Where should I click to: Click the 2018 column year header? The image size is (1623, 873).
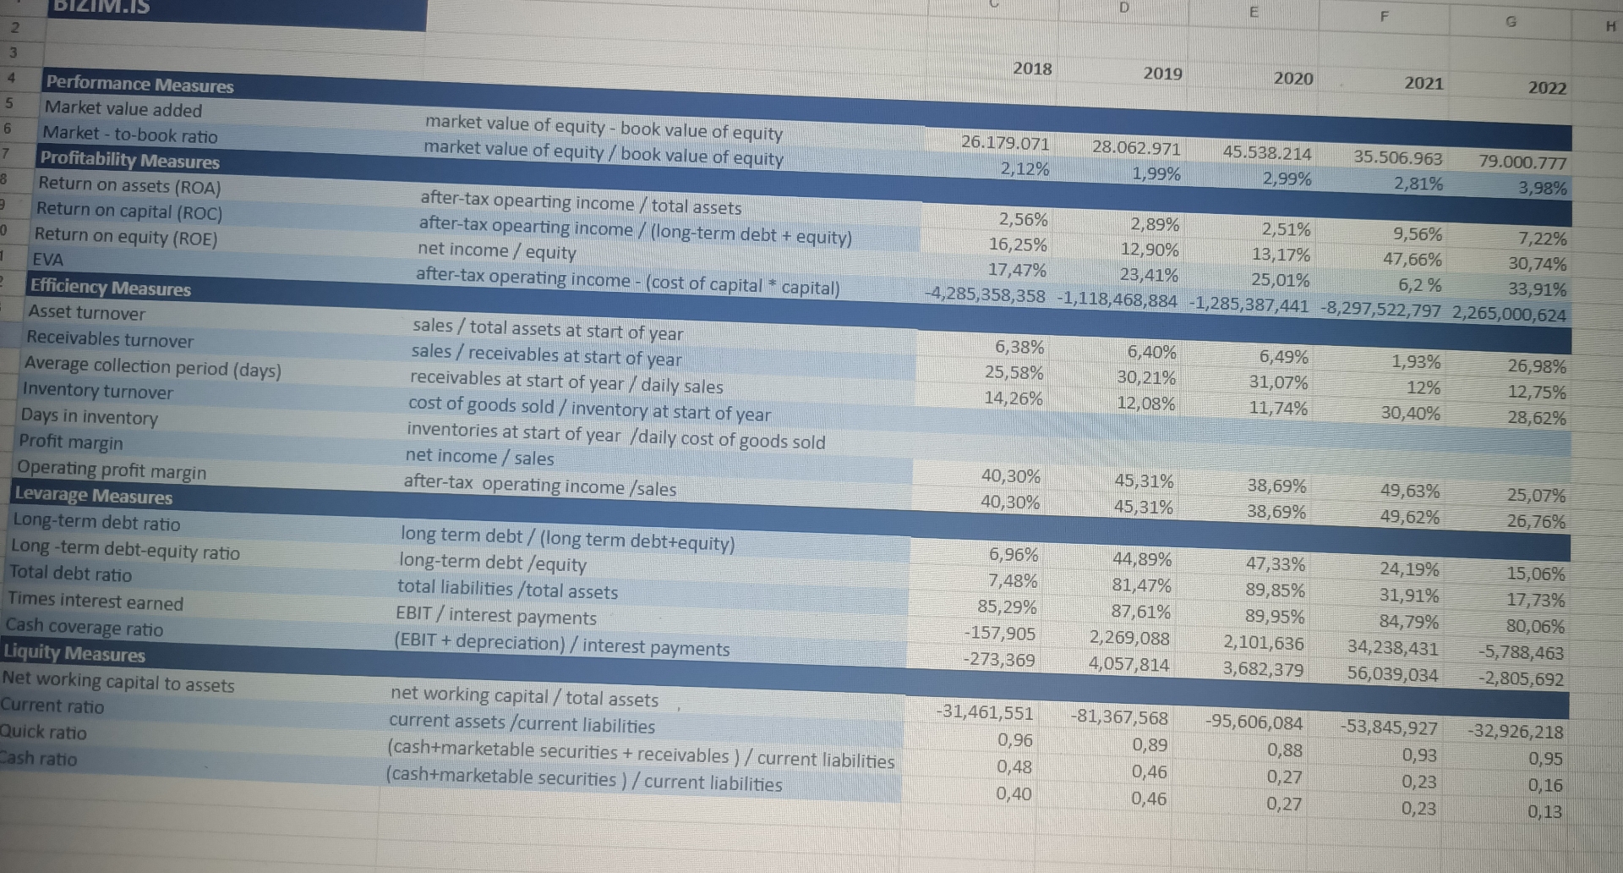pos(1032,69)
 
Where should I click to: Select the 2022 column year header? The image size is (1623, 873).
pos(1547,88)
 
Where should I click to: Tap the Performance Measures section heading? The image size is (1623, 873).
pos(139,85)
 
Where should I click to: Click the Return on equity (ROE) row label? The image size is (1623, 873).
pos(126,237)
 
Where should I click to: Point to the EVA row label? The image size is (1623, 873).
pos(47,260)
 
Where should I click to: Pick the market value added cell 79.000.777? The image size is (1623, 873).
pos(1522,162)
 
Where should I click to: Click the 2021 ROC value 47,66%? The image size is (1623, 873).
pos(1413,260)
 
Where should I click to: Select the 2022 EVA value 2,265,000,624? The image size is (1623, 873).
pos(1509,314)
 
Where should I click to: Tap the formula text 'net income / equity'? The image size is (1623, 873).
pos(496,251)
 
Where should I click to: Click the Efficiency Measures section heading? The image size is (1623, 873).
pos(111,288)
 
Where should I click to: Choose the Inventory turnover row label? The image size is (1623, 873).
pos(97,391)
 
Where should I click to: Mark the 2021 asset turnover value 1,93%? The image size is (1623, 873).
pos(1417,362)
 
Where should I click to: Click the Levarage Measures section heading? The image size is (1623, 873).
pos(93,496)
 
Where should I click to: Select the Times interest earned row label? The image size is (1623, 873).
pos(96,601)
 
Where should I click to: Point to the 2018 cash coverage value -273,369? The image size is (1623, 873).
pos(999,660)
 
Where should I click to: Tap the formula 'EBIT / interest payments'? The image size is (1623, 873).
pos(496,616)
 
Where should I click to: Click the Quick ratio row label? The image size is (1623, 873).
pos(43,733)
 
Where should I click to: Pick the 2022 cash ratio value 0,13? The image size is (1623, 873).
pos(1545,812)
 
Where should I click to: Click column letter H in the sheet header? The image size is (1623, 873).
pos(1609,26)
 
